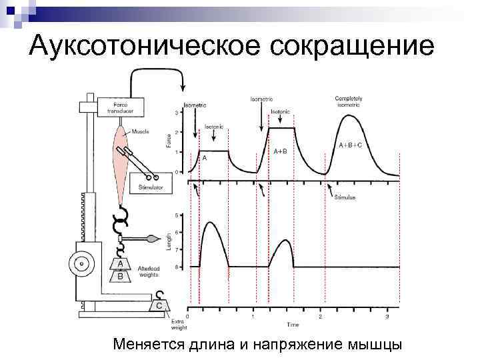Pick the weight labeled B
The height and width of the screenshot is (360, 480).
point(120,275)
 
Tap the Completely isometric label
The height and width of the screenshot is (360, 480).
point(348,101)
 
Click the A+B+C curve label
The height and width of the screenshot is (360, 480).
point(351,145)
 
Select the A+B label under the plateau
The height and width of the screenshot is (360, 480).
point(280,151)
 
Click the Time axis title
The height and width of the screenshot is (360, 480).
point(293,325)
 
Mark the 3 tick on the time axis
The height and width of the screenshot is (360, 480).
point(387,317)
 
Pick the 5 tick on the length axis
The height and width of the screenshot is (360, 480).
point(176,215)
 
